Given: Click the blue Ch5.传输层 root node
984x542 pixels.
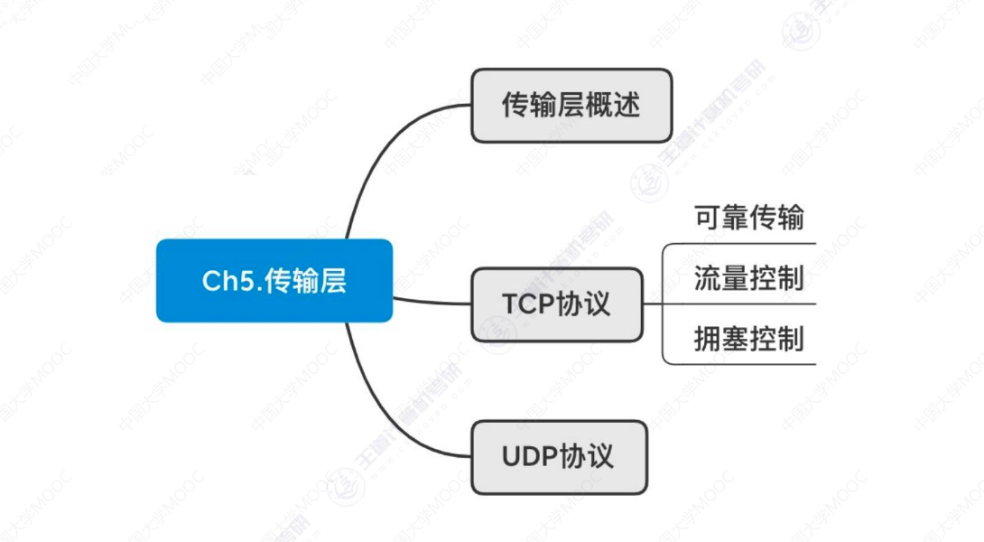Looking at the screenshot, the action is pyautogui.click(x=274, y=280).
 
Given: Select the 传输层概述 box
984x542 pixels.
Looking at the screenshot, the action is pyautogui.click(x=571, y=105).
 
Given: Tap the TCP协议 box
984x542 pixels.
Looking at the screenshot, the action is pyautogui.click(x=557, y=304).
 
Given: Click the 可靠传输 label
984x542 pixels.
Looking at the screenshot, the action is pyautogui.click(x=748, y=218).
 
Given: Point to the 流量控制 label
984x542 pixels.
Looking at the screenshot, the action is pyautogui.click(x=748, y=278).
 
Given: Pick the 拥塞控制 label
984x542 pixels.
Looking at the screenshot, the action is pyautogui.click(x=748, y=339).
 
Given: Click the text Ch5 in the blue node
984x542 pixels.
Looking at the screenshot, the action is pyautogui.click(x=224, y=281).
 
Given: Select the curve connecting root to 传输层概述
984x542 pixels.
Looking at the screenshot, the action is pyautogui.click(x=379, y=154).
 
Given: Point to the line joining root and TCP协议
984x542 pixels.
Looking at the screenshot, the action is pyautogui.click(x=432, y=300).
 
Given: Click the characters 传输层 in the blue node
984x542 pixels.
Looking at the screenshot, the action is pyautogui.click(x=306, y=281).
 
